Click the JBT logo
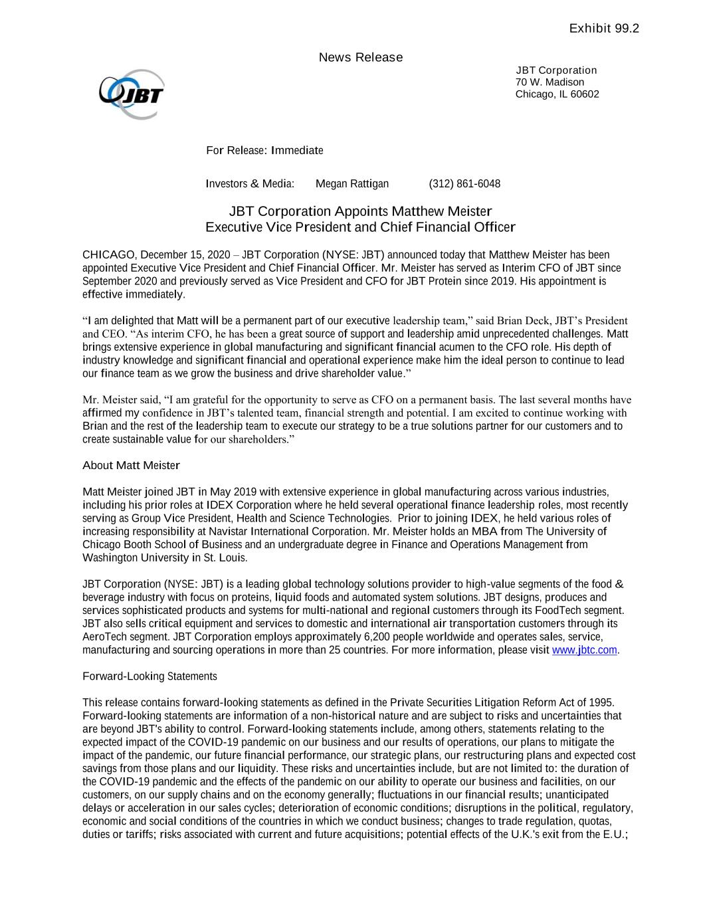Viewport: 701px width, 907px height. (x=132, y=94)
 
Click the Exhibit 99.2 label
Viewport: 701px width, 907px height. (x=604, y=29)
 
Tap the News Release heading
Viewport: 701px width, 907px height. (x=361, y=58)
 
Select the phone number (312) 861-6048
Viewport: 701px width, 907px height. (x=464, y=184)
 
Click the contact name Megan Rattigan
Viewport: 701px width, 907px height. (x=352, y=184)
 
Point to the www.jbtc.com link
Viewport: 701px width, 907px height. (x=585, y=650)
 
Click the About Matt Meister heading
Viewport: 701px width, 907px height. (x=131, y=466)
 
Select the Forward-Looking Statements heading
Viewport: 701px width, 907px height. (x=150, y=676)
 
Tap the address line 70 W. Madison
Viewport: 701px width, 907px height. (x=550, y=82)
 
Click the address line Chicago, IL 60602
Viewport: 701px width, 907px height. (x=557, y=94)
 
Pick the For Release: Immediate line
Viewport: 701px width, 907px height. (x=264, y=151)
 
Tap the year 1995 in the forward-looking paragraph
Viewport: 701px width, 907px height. (x=601, y=702)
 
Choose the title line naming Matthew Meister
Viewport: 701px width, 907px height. (x=360, y=212)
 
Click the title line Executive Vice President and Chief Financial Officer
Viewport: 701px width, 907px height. (x=360, y=227)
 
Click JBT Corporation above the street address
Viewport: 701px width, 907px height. (x=556, y=70)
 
